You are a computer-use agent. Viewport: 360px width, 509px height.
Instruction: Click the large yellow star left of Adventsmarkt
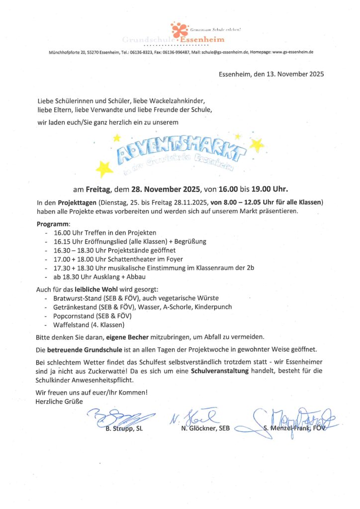tap(104, 169)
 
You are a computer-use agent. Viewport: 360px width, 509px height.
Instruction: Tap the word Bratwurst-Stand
tap(76, 298)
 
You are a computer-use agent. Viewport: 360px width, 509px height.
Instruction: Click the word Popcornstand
tap(74, 316)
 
